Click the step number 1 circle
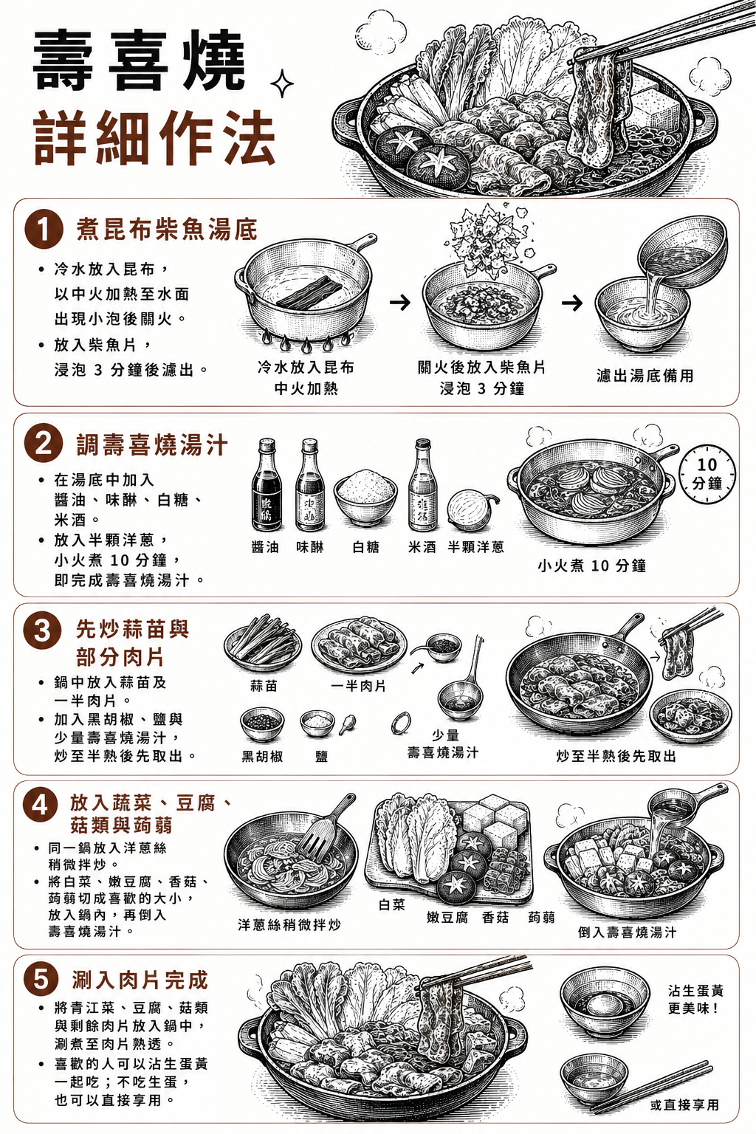click(x=44, y=230)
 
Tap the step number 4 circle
click(x=40, y=805)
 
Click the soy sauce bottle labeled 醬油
click(x=267, y=484)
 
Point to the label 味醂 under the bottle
click(x=310, y=547)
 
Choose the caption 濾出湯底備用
click(x=645, y=375)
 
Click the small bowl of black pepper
click(x=262, y=724)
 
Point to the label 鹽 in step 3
click(x=322, y=756)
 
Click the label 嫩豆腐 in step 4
click(x=447, y=917)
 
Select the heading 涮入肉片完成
click(x=140, y=980)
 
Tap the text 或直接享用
click(x=684, y=1104)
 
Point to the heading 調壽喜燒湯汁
click(x=152, y=446)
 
